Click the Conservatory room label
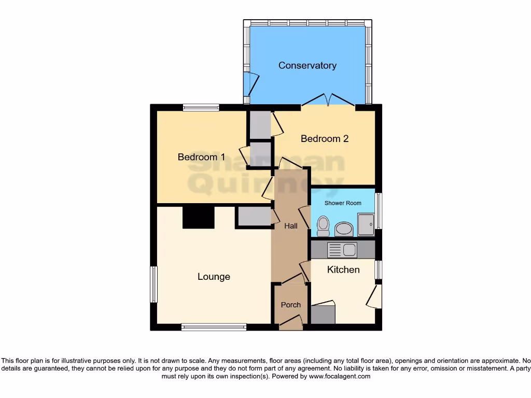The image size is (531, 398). coord(307,65)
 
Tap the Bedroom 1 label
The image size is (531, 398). coord(201,157)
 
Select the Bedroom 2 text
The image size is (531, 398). coord(325,139)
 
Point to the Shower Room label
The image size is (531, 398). coord(343,203)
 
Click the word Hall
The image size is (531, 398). coord(291,226)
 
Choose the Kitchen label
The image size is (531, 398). coord(343,269)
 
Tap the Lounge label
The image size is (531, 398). coord(214,277)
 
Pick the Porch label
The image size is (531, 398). coord(290,305)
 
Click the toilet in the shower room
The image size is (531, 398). coord(323,226)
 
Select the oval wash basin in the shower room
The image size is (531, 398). coord(343,229)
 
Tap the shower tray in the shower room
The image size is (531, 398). coord(366,224)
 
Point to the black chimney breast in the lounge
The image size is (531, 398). coord(199,217)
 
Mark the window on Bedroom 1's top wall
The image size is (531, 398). coord(201,108)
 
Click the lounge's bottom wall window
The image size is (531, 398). coord(214,327)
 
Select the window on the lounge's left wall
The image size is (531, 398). coord(153,284)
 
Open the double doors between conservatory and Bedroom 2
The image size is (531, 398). coord(328,101)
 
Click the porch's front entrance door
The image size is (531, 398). coord(291,324)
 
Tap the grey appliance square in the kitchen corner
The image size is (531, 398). coord(323,315)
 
